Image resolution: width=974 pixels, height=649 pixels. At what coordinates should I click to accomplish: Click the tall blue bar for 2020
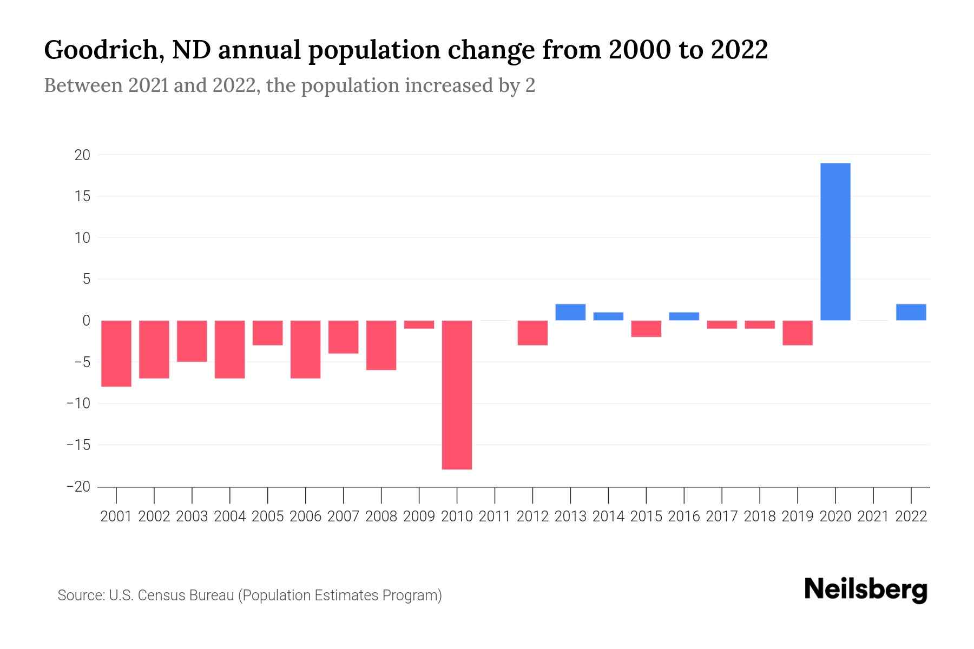835,242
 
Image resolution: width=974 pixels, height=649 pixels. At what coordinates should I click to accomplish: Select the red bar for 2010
457,395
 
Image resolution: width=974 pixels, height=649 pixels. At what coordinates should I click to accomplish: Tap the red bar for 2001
116,354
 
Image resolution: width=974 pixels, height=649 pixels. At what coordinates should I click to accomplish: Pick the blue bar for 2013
570,313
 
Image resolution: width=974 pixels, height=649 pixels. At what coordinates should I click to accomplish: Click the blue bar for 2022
911,313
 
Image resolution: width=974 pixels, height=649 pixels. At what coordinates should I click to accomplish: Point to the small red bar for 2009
419,325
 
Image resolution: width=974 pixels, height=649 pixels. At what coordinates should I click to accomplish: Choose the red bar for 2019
798,333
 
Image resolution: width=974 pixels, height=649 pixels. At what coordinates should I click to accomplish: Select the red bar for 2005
267,333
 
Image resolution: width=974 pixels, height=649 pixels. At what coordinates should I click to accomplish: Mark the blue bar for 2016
684,316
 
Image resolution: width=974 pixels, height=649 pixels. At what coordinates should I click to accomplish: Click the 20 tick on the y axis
82,155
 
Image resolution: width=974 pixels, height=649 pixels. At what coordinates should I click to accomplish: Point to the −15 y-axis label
78,445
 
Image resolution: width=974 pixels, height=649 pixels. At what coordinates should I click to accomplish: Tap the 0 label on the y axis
86,321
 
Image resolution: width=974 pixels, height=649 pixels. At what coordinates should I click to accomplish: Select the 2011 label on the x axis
495,516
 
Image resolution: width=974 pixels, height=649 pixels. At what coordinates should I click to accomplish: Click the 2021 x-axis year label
873,516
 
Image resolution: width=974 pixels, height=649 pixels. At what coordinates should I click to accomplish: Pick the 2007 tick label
343,516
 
